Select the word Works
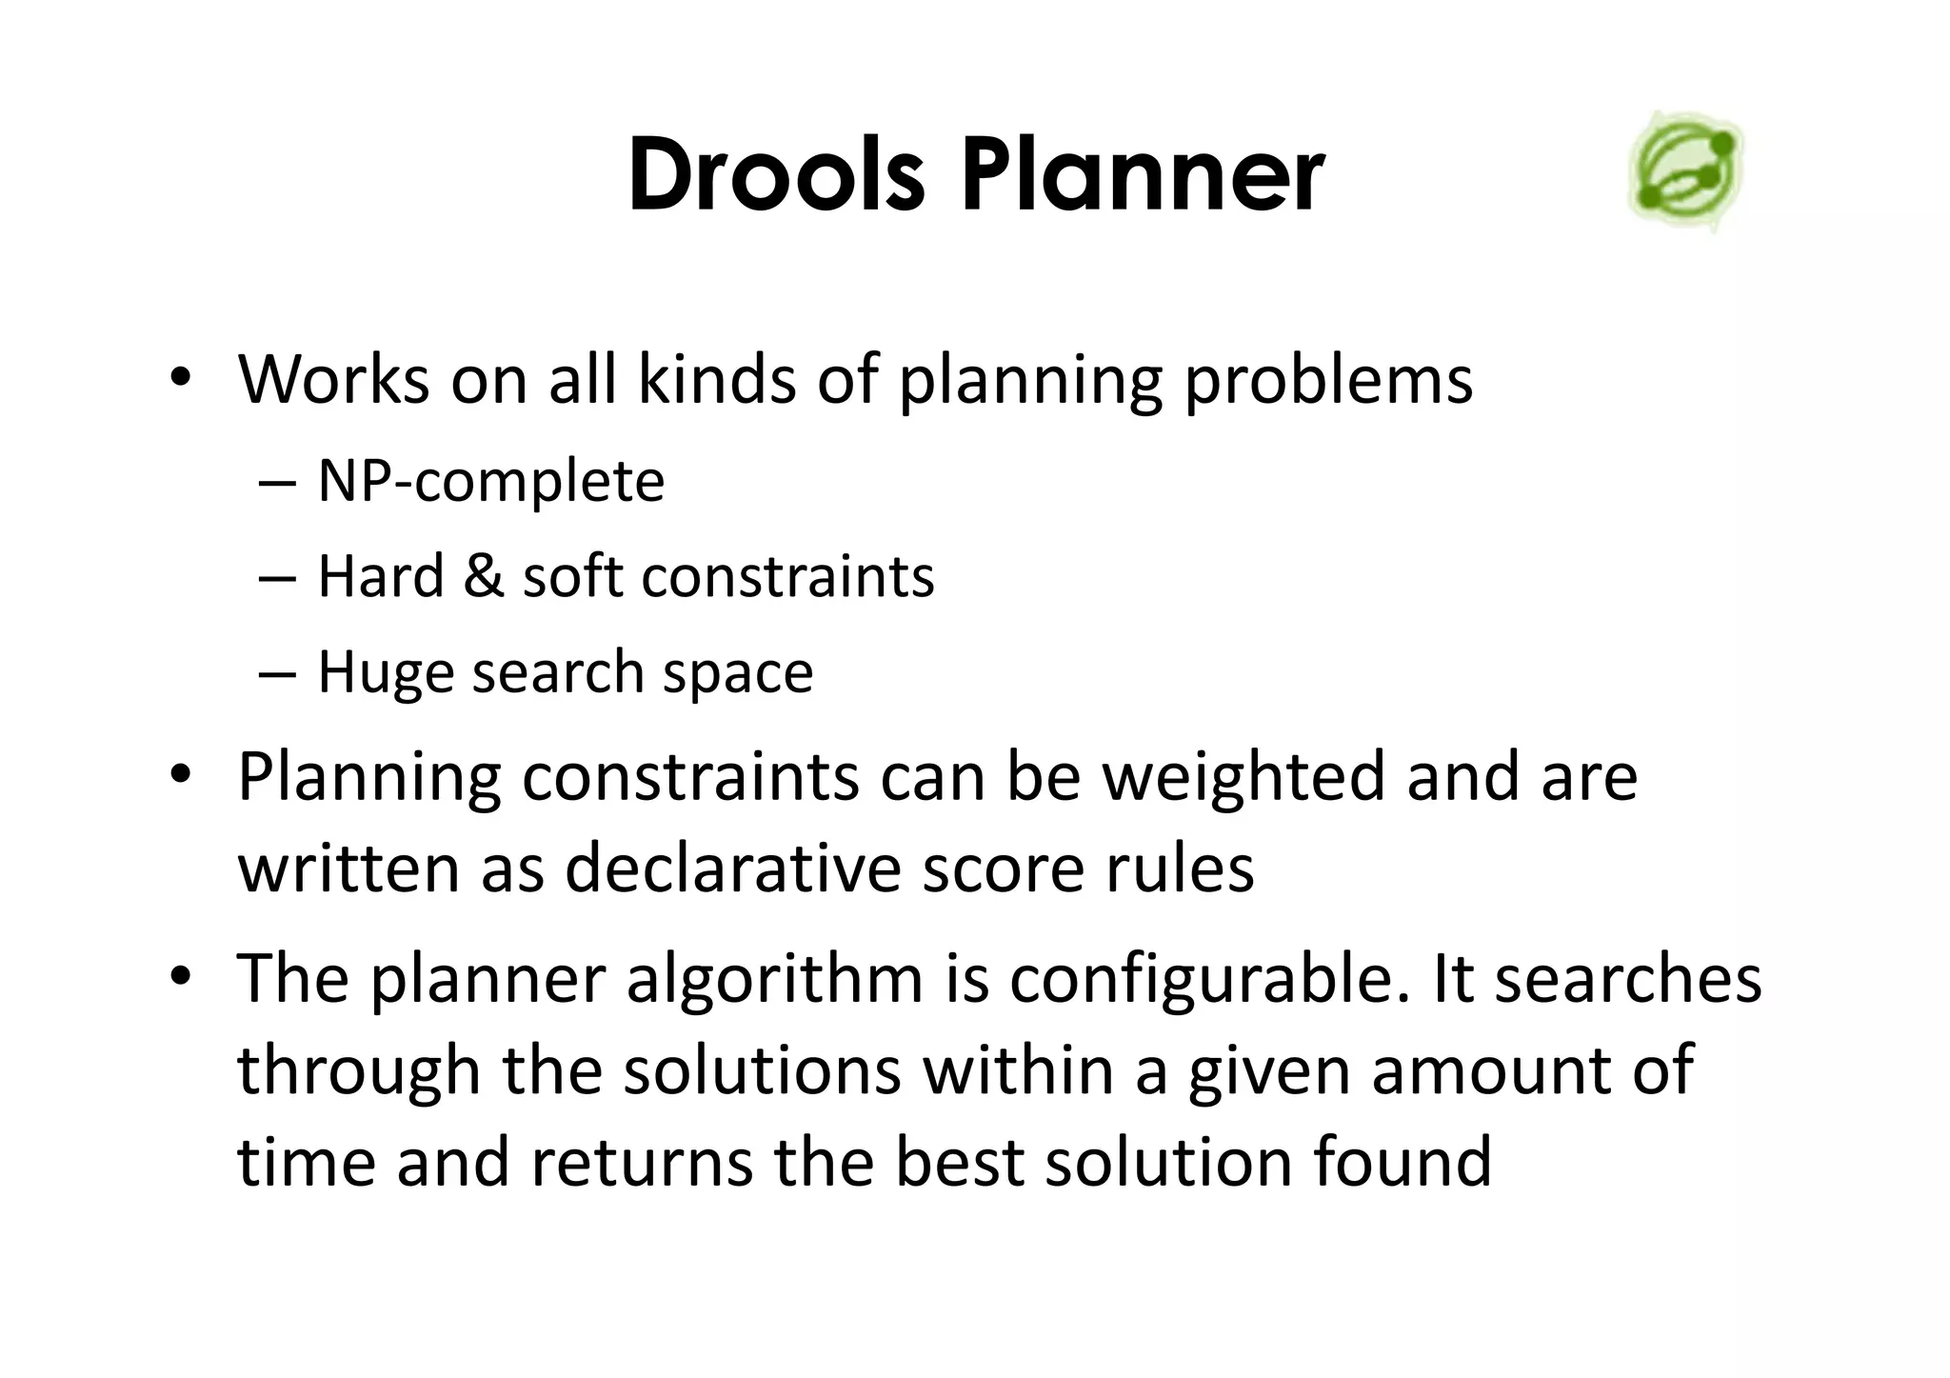point(333,379)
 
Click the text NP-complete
point(490,481)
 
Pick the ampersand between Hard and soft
point(484,576)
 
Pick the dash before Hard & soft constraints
point(276,577)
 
